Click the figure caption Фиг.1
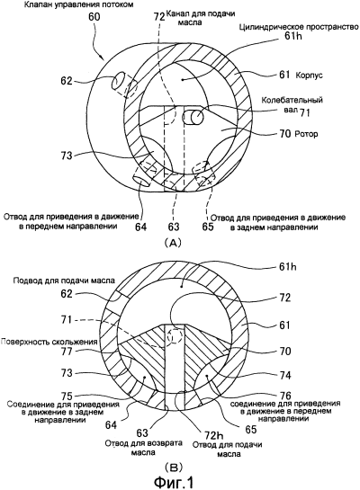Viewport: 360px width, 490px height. (x=174, y=481)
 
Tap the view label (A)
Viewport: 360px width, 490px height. (x=173, y=243)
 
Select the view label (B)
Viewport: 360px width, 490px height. (x=174, y=467)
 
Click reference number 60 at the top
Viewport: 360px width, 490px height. (x=94, y=16)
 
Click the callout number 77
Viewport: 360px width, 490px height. (x=67, y=352)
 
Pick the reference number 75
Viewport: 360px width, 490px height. (x=67, y=396)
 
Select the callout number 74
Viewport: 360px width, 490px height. (x=284, y=375)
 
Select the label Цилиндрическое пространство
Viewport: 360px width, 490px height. (x=299, y=27)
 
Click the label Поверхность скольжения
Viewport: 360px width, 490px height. (x=49, y=342)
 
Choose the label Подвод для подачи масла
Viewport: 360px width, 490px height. (x=64, y=281)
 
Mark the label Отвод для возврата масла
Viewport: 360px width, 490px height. (x=144, y=448)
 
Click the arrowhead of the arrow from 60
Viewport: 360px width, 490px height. (x=103, y=59)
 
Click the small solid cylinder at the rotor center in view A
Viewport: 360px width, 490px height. (x=193, y=117)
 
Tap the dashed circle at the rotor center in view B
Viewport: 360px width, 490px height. (x=175, y=337)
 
